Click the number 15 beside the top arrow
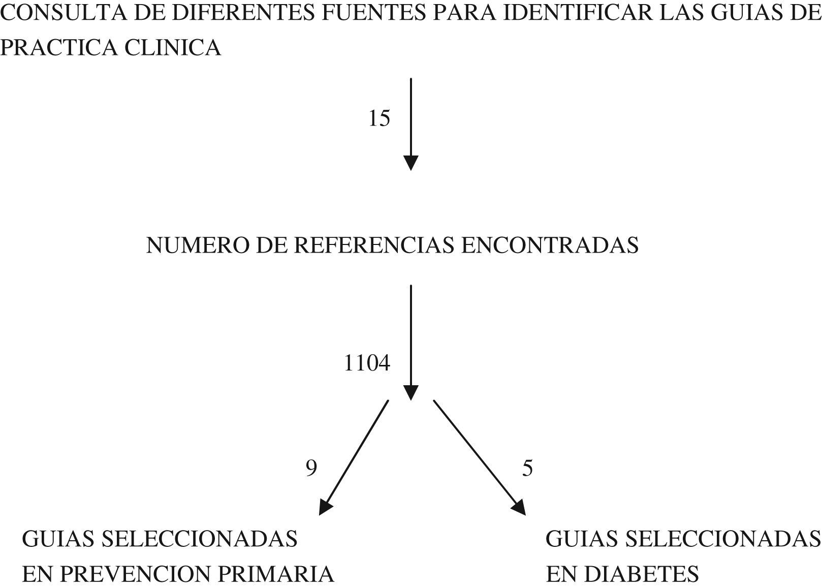coord(379,118)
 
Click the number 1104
coord(367,364)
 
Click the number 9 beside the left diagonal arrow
coord(311,468)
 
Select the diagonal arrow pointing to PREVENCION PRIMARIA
coord(354,457)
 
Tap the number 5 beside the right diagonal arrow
coord(528,468)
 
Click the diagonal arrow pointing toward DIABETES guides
coord(479,457)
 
